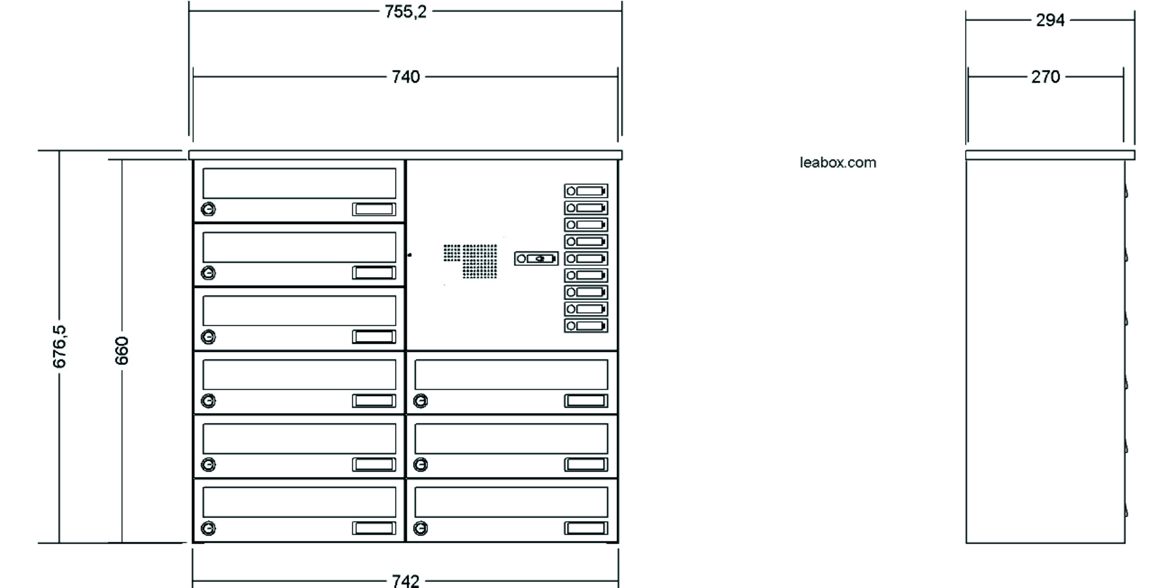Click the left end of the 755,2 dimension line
pyautogui.click(x=189, y=11)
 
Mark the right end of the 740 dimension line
pyautogui.click(x=618, y=77)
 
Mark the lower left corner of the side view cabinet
pyautogui.click(x=966, y=543)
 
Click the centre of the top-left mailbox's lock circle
pyautogui.click(x=208, y=209)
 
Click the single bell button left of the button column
pyautogui.click(x=536, y=259)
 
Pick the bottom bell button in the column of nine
pyautogui.click(x=586, y=326)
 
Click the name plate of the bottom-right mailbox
pyautogui.click(x=586, y=528)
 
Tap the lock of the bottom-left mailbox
pyautogui.click(x=208, y=528)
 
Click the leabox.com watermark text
pyautogui.click(x=838, y=163)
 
